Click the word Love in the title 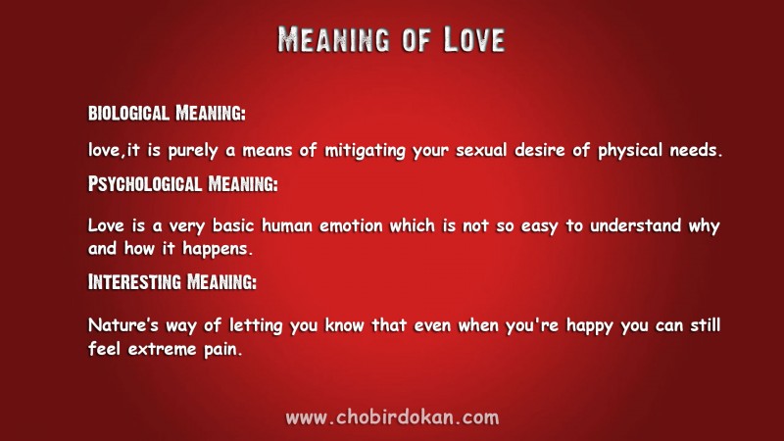pyautogui.click(x=474, y=39)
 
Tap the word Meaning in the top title pyautogui.click(x=333, y=39)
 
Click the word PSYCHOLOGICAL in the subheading pyautogui.click(x=145, y=184)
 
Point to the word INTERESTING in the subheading pyautogui.click(x=134, y=282)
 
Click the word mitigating pyautogui.click(x=365, y=151)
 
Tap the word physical pyautogui.click(x=630, y=151)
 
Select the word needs pyautogui.click(x=696, y=150)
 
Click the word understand pyautogui.click(x=635, y=225)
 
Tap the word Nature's pyautogui.click(x=123, y=325)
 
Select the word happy pyautogui.click(x=590, y=326)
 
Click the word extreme pyautogui.click(x=162, y=349)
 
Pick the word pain pyautogui.click(x=223, y=350)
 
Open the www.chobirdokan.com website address pyautogui.click(x=392, y=417)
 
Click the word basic pyautogui.click(x=233, y=226)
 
